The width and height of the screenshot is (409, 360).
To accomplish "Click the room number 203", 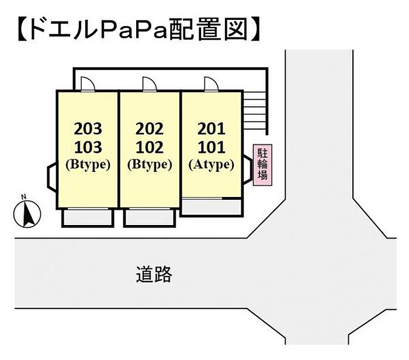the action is tap(88, 129).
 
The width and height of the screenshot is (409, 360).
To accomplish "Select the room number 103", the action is tap(88, 147).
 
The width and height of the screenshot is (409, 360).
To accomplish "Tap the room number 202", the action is tap(150, 129).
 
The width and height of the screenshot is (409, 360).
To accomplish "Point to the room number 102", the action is tap(150, 147).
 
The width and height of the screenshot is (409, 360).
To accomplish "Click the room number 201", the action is tap(212, 129).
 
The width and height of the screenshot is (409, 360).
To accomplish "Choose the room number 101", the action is tap(212, 147).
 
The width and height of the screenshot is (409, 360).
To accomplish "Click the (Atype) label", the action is tap(211, 165).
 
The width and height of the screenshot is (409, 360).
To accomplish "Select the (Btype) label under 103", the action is tap(88, 165).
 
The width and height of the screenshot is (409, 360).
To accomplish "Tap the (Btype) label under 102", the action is tap(150, 165).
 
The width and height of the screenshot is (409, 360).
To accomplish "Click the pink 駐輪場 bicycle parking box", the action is tap(262, 165).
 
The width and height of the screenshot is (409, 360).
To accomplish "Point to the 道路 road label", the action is tap(154, 274).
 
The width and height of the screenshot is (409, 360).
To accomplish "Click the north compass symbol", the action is tap(27, 214).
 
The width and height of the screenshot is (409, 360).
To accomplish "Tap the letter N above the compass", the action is tap(24, 197).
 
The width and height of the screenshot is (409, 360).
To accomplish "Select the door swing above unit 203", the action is tap(88, 84).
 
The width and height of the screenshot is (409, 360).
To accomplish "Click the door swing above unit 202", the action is tap(150, 84).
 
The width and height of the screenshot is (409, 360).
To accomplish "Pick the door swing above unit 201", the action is tap(212, 84).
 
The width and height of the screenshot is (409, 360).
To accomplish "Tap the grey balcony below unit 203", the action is tap(88, 217).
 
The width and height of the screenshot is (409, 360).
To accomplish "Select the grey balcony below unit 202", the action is tap(150, 217).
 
